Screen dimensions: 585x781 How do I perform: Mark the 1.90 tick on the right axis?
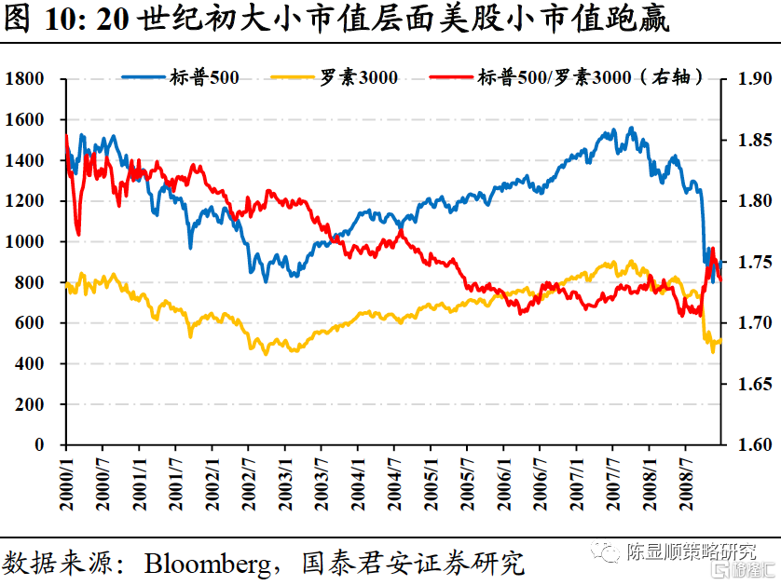point(751,79)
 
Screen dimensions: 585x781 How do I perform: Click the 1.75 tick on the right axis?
point(751,263)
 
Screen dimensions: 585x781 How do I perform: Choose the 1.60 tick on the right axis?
point(751,445)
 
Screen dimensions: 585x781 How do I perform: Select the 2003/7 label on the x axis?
point(321,483)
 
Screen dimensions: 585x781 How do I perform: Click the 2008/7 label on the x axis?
point(685,483)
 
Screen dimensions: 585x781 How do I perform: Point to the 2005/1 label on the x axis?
point(430,483)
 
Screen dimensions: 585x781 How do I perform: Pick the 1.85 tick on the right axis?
point(751,140)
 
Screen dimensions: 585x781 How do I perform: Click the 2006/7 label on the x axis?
point(540,483)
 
